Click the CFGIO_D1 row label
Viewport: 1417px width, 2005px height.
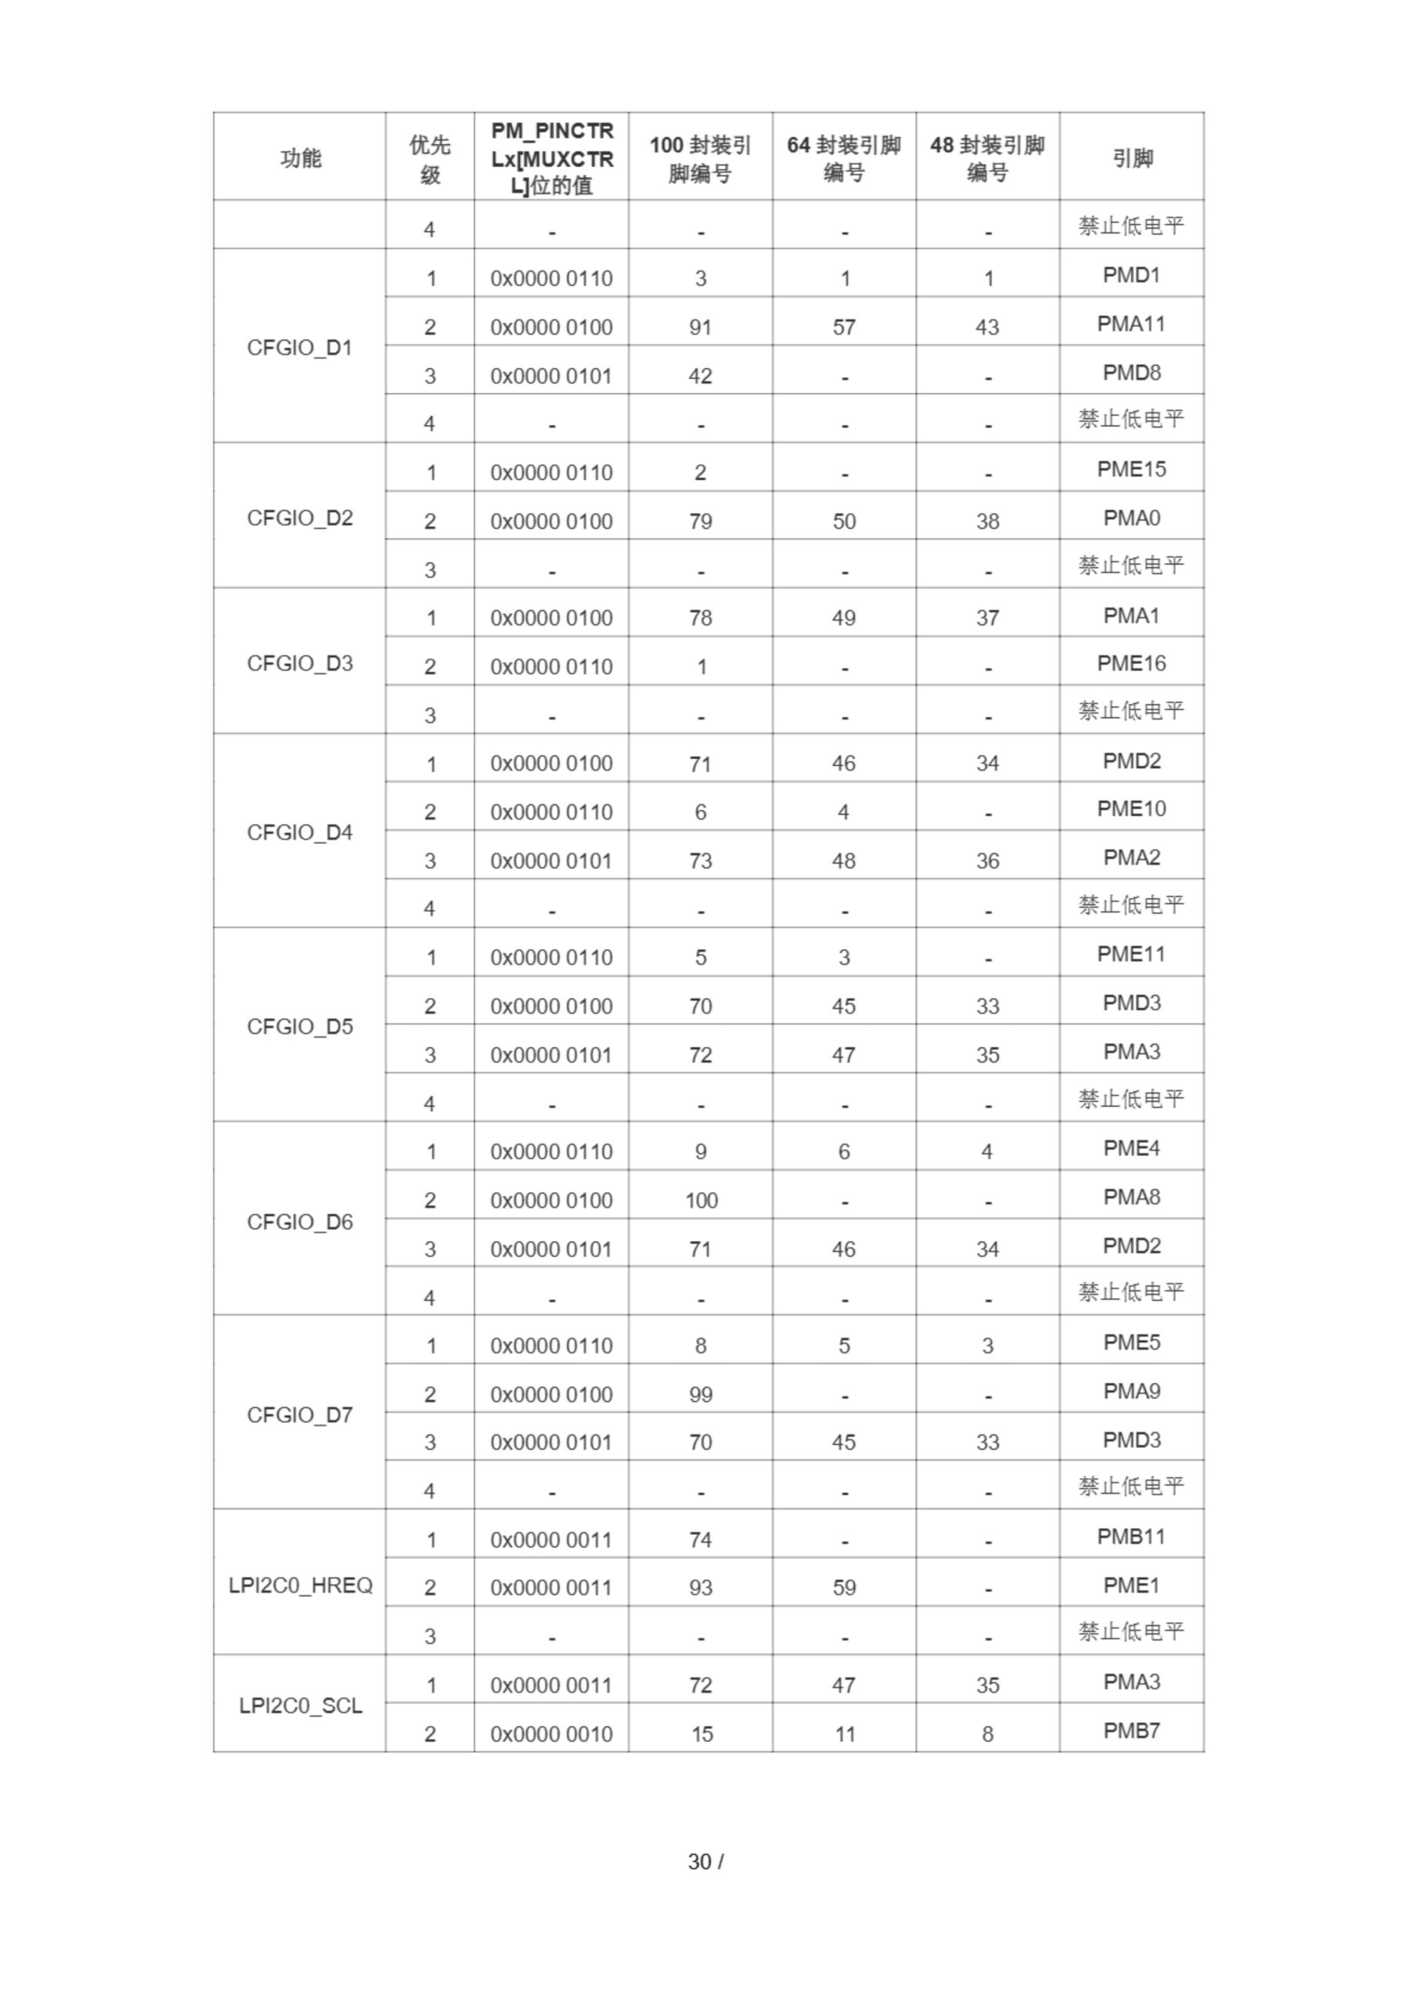(300, 348)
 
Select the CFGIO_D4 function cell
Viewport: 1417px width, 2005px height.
(300, 833)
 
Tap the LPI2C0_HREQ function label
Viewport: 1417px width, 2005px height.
(300, 1585)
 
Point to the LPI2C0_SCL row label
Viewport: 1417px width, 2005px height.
(300, 1706)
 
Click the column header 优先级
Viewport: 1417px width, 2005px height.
(430, 159)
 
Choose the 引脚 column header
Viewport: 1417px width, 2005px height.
(1131, 158)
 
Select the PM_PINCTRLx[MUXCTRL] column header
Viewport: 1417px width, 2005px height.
(552, 158)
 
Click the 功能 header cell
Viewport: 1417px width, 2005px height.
(300, 158)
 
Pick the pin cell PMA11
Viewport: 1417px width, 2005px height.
(1131, 324)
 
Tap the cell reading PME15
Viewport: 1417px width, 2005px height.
(1131, 470)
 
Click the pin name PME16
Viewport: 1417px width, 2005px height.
(1131, 663)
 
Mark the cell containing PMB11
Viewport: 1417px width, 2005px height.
(1131, 1537)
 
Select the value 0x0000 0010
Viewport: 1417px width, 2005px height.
(552, 1733)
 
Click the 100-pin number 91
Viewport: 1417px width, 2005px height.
(700, 327)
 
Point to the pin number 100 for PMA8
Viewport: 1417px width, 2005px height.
(700, 1201)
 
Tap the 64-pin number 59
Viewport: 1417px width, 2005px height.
(843, 1588)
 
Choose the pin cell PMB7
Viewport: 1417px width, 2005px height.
(1131, 1731)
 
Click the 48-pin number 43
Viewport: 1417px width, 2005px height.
(987, 327)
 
